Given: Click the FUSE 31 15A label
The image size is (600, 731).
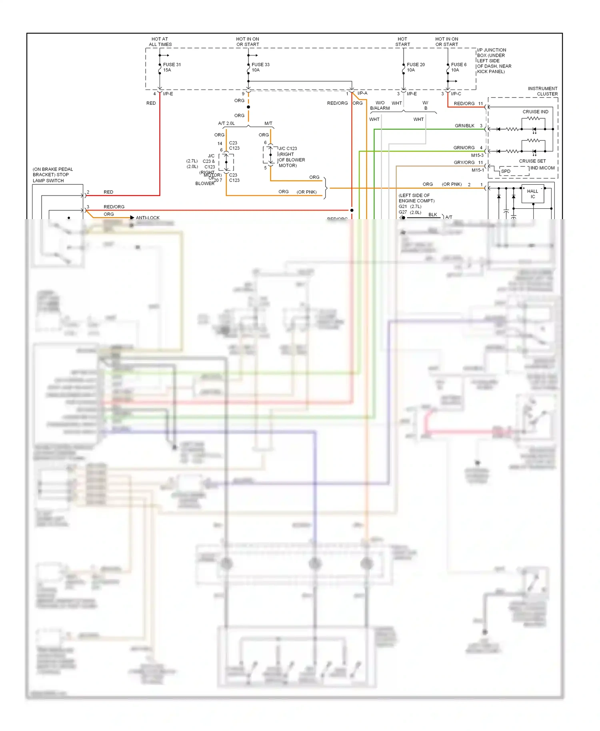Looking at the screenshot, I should (x=172, y=67).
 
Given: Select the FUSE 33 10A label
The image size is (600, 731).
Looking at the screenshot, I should (x=260, y=67).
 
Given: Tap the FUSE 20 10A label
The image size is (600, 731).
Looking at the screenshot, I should (x=415, y=67).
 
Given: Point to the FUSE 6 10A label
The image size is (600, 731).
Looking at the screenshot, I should (x=458, y=67).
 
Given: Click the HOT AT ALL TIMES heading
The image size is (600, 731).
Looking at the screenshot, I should (x=160, y=42).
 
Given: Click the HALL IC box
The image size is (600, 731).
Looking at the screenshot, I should (x=532, y=194).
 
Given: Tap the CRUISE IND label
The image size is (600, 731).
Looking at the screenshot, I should (x=535, y=112).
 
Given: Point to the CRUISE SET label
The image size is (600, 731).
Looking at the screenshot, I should (x=532, y=161).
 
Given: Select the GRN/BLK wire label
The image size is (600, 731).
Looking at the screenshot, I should (x=464, y=126).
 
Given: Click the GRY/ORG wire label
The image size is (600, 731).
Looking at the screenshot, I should (x=464, y=163).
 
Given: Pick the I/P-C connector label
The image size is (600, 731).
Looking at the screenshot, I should (x=456, y=94).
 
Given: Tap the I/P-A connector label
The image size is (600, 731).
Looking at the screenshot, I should (x=362, y=94).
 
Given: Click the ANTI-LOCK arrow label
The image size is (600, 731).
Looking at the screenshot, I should (x=147, y=218).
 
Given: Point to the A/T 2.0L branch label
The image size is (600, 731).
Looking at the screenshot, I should (x=226, y=124).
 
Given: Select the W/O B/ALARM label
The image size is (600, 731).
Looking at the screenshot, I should (x=380, y=106).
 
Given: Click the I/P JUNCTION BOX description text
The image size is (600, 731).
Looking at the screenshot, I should (x=494, y=61).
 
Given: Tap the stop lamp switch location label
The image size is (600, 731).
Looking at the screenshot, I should (x=52, y=175).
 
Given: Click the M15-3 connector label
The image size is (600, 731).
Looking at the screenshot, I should (x=477, y=156).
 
